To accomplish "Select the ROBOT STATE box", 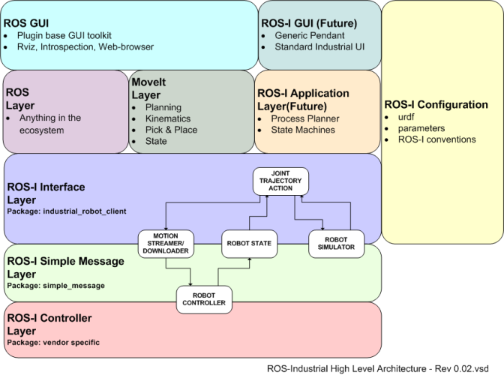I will tap(249, 242).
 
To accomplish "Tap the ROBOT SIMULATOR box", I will tap(331, 242).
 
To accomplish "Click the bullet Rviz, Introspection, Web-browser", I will tap(84, 46).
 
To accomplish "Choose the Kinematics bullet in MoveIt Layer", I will tap(168, 118).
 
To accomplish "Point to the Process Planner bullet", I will tap(305, 118).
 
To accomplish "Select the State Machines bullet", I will tap(303, 130).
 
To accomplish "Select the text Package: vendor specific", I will tap(52, 343).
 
